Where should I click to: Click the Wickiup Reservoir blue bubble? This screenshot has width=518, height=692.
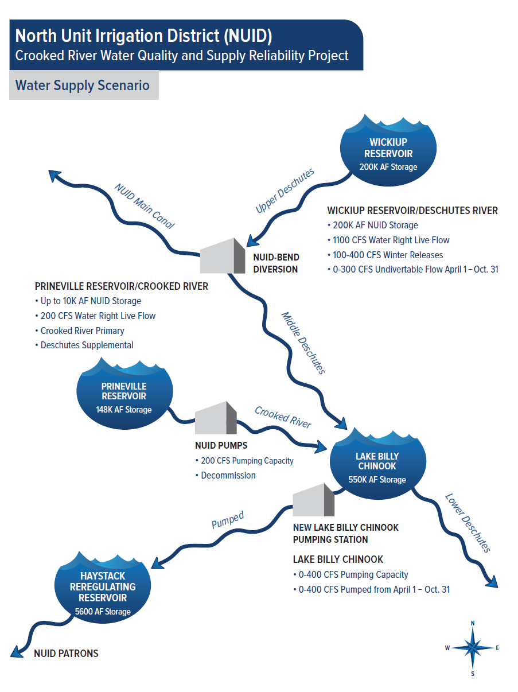pyautogui.click(x=388, y=152)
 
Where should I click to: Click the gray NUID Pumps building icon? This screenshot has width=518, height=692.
pyautogui.click(x=216, y=418)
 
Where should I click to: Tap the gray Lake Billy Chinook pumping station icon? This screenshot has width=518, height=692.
pyautogui.click(x=313, y=500)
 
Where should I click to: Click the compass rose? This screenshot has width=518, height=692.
pyautogui.click(x=472, y=648)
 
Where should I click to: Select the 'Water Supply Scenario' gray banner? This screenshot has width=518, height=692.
pyautogui.click(x=83, y=85)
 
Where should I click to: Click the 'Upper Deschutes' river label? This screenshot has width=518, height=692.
pyautogui.click(x=285, y=191)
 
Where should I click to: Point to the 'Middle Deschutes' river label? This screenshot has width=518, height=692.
pyautogui.click(x=303, y=343)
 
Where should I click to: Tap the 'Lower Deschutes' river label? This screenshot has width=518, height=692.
pyautogui.click(x=468, y=523)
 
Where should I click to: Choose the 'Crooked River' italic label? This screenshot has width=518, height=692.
pyautogui.click(x=283, y=417)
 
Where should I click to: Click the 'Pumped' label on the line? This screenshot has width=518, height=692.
pyautogui.click(x=227, y=519)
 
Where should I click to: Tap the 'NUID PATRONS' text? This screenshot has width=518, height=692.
pyautogui.click(x=66, y=653)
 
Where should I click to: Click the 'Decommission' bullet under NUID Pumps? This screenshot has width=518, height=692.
pyautogui.click(x=228, y=475)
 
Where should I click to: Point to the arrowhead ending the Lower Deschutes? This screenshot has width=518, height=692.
pyautogui.click(x=491, y=582)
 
